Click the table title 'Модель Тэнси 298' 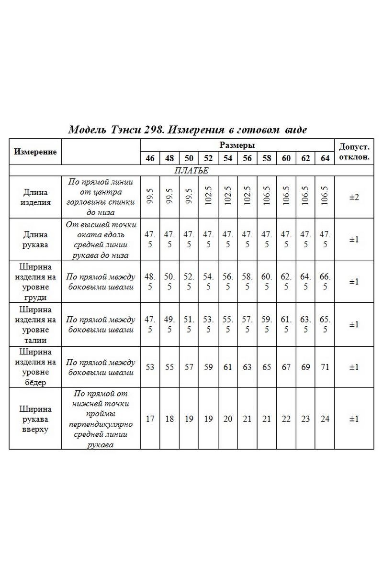click(x=188, y=130)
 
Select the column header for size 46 click(x=150, y=158)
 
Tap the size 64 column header click(x=325, y=158)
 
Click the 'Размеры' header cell click(x=237, y=145)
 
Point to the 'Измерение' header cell click(x=35, y=152)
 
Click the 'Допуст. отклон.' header click(x=354, y=152)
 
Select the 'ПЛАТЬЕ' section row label click(x=191, y=170)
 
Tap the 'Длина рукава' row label click(x=35, y=240)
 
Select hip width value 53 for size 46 click(x=150, y=367)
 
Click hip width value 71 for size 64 click(x=325, y=367)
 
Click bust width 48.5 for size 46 click(x=150, y=282)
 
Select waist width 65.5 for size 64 click(x=325, y=324)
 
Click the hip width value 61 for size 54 click(x=228, y=367)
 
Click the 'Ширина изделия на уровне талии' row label click(x=35, y=324)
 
